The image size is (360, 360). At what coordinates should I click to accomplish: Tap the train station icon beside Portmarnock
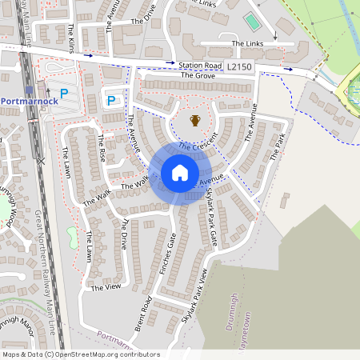30,90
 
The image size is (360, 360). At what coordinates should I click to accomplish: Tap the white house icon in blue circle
180,173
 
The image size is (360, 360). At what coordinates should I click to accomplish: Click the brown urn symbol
194,121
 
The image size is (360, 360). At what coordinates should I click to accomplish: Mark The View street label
106,286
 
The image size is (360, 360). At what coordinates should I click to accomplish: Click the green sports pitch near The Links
252,22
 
